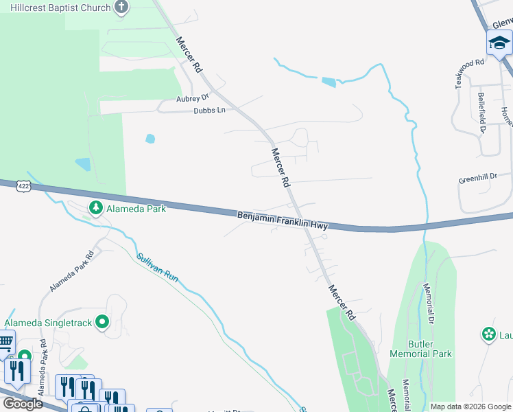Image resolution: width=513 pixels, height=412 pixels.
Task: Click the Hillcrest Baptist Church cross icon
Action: point(121,8)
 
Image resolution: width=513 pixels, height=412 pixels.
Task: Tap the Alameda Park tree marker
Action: point(96,207)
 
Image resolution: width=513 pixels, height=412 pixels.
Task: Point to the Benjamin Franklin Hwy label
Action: point(283,220)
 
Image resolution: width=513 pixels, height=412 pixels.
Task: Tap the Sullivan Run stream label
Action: point(157,268)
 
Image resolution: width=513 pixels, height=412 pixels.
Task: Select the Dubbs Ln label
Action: point(209,110)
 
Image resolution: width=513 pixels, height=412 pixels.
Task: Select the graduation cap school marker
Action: point(499,44)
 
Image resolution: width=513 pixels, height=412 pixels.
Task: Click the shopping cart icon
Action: point(5,342)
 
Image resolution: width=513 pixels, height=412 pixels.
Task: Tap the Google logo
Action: point(23,404)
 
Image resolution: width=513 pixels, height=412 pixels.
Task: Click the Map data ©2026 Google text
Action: point(470,407)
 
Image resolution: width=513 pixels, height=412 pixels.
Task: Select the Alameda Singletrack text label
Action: point(48,322)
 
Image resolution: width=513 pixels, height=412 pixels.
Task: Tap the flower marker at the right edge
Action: point(489,334)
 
